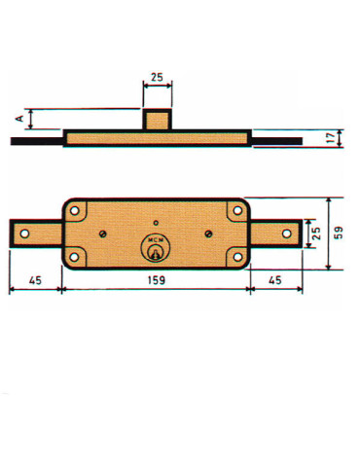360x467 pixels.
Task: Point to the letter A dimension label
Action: pyautogui.click(x=20, y=120)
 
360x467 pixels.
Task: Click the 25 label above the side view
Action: pyautogui.click(x=157, y=76)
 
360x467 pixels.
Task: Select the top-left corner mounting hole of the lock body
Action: pyautogui.click(x=76, y=210)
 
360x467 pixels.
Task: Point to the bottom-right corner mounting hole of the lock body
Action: pyautogui.click(x=237, y=256)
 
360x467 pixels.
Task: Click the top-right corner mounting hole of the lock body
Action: pyautogui.click(x=237, y=210)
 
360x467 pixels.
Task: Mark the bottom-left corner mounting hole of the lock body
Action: pyautogui.click(x=76, y=256)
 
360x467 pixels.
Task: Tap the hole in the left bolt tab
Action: pyautogui.click(x=24, y=233)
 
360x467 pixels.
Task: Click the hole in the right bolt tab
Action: pyautogui.click(x=286, y=233)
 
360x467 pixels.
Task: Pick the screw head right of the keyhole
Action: pyautogui.click(x=208, y=233)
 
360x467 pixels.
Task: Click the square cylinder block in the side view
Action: pyautogui.click(x=157, y=120)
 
